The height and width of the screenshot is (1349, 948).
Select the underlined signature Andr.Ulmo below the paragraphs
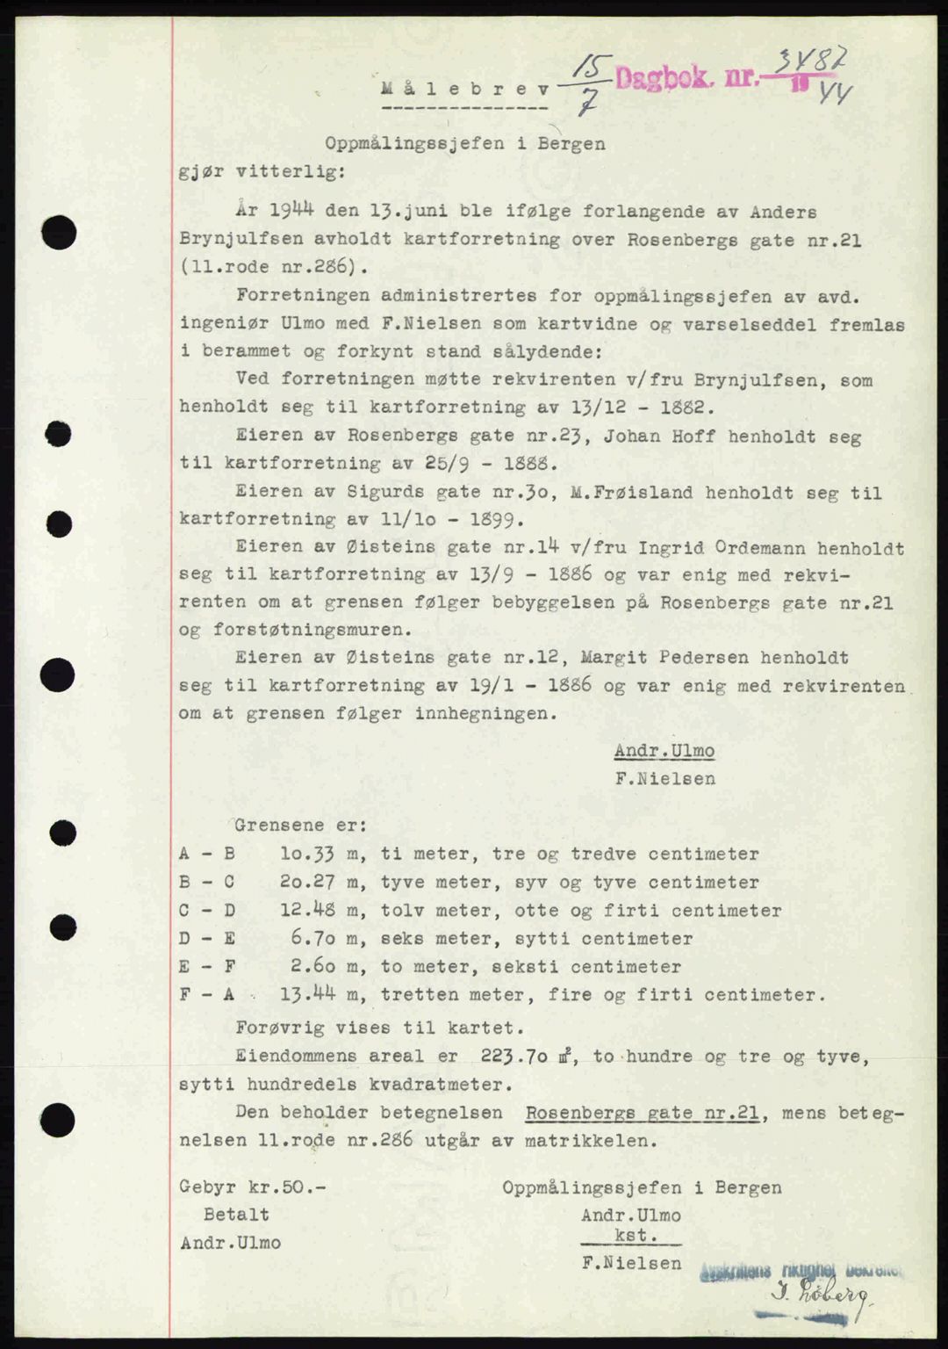coord(664,751)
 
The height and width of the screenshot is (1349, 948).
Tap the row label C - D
coord(207,910)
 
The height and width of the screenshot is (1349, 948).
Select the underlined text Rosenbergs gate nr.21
coord(642,1113)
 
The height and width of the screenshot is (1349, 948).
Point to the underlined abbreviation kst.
coord(631,1236)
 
